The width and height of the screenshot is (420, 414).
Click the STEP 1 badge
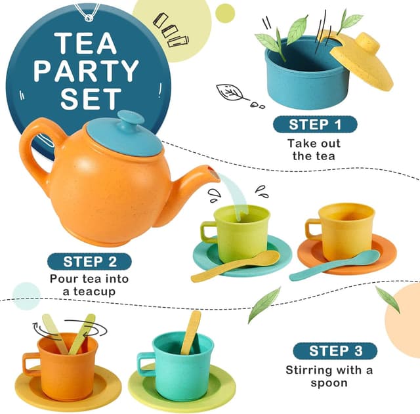click(x=314, y=124)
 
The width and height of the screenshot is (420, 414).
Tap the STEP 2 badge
click(x=89, y=261)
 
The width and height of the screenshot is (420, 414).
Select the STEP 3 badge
click(x=335, y=350)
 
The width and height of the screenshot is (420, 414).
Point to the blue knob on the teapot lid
click(x=130, y=120)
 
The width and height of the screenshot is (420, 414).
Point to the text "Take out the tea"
click(x=314, y=149)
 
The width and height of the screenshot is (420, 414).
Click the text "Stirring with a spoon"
click(x=329, y=376)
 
